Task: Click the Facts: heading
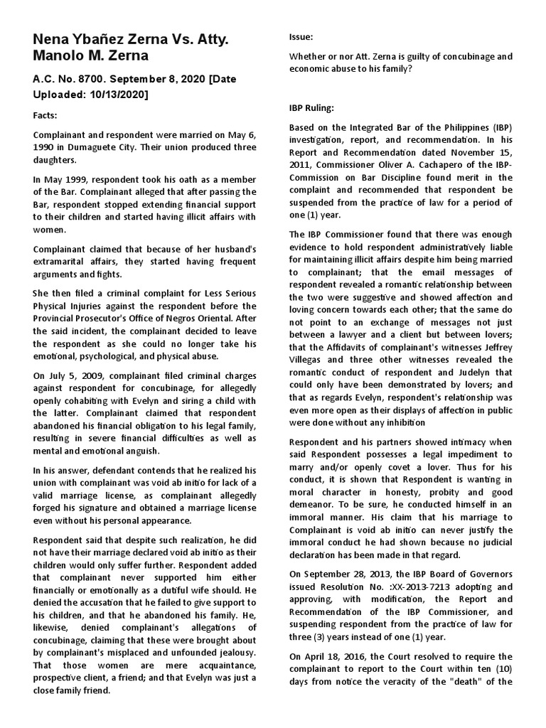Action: click(x=48, y=115)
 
